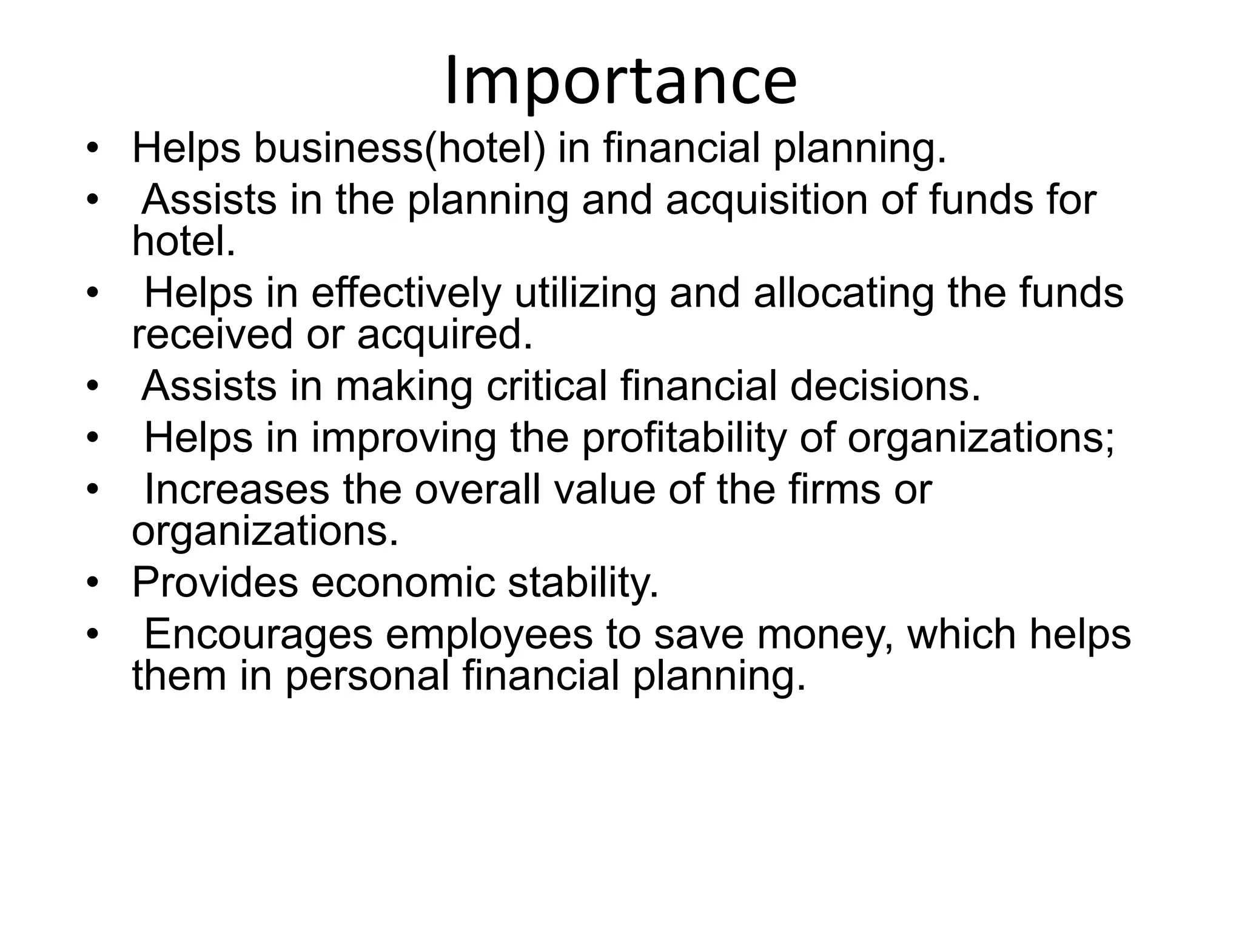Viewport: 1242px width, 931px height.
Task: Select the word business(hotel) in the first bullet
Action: click(399, 149)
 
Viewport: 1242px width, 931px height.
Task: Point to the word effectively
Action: click(406, 293)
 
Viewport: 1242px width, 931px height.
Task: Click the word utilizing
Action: click(585, 293)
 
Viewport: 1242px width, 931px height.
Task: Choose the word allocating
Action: click(843, 293)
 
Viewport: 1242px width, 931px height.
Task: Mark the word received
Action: click(212, 334)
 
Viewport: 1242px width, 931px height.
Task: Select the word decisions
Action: click(885, 386)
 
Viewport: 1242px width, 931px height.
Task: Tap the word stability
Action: click(583, 582)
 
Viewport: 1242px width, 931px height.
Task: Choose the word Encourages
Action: click(258, 635)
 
